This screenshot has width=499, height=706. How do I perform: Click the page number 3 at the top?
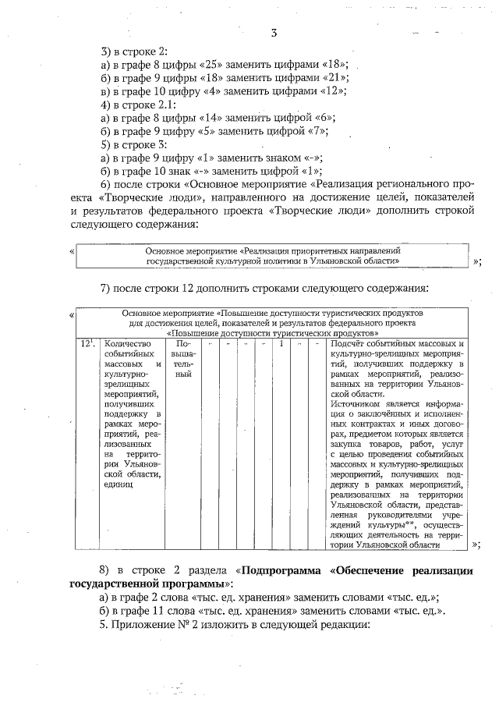(274, 33)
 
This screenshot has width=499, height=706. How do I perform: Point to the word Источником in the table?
(356, 405)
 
